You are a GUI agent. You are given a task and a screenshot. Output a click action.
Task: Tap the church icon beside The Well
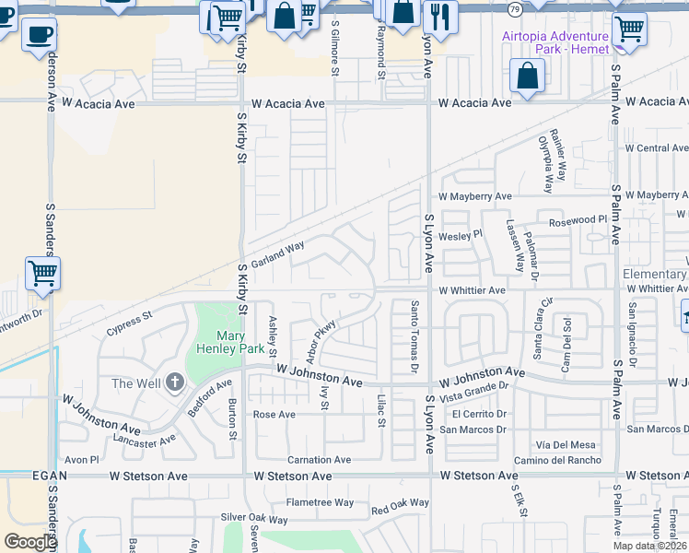point(175,383)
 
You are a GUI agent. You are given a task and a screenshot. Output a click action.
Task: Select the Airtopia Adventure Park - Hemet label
point(555,42)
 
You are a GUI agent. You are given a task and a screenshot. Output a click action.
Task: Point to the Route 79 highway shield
point(515,8)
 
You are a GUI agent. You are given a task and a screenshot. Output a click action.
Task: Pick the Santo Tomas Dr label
point(415,337)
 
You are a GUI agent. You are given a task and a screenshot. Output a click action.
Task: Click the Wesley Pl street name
point(460,235)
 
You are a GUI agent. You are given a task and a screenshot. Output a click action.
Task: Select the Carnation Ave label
point(319,460)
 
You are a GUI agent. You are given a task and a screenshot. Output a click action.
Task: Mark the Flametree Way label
point(320,502)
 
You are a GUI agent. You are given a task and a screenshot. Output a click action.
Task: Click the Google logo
point(30,542)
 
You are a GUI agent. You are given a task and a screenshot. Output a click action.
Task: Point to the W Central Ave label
point(655,147)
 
